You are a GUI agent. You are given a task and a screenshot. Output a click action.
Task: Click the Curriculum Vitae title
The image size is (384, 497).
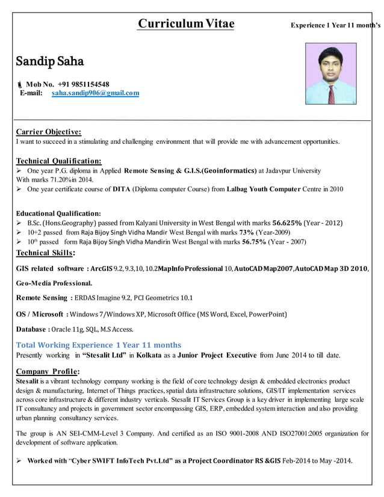click(x=186, y=24)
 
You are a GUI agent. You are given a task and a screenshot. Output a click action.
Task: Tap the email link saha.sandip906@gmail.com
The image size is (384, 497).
click(x=95, y=93)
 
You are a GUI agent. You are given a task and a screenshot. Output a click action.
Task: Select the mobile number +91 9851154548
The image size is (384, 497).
click(x=84, y=84)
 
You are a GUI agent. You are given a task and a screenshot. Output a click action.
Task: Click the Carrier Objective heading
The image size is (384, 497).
click(x=48, y=132)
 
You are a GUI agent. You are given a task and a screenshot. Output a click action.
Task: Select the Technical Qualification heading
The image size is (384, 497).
click(x=58, y=161)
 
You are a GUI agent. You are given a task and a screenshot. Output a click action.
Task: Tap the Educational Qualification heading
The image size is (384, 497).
click(x=58, y=213)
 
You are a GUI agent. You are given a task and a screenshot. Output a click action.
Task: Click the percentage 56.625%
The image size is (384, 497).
click(x=292, y=223)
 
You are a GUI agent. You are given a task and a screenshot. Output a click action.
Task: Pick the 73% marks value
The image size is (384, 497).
click(x=247, y=232)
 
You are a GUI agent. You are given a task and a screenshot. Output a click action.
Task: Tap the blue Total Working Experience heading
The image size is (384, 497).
click(x=98, y=345)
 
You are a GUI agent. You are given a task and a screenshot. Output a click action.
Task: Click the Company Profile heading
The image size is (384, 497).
click(x=48, y=371)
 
